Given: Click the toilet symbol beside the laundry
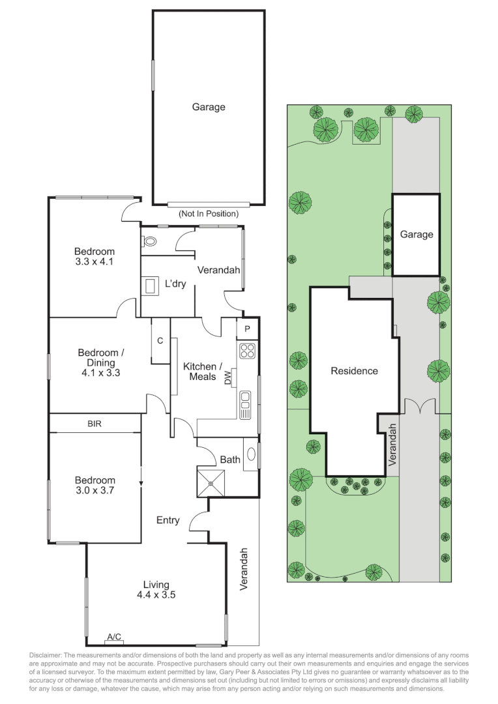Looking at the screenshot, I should tap(149, 241).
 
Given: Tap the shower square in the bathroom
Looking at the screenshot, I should tap(211, 483).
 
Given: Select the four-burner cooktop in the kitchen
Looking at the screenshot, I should tap(247, 351).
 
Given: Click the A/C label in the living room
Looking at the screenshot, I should tap(115, 637).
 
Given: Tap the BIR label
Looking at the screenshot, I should tap(95, 424).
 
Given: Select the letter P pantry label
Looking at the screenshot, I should tap(247, 329).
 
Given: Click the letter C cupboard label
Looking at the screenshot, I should tap(160, 340).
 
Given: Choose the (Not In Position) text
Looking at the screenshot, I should tap(209, 214).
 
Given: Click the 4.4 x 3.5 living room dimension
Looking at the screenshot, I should tap(156, 594).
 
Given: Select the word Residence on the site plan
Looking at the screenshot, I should tap(354, 371).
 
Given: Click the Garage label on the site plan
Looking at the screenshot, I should tap(417, 235).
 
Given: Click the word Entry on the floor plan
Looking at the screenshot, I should tap(168, 520).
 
